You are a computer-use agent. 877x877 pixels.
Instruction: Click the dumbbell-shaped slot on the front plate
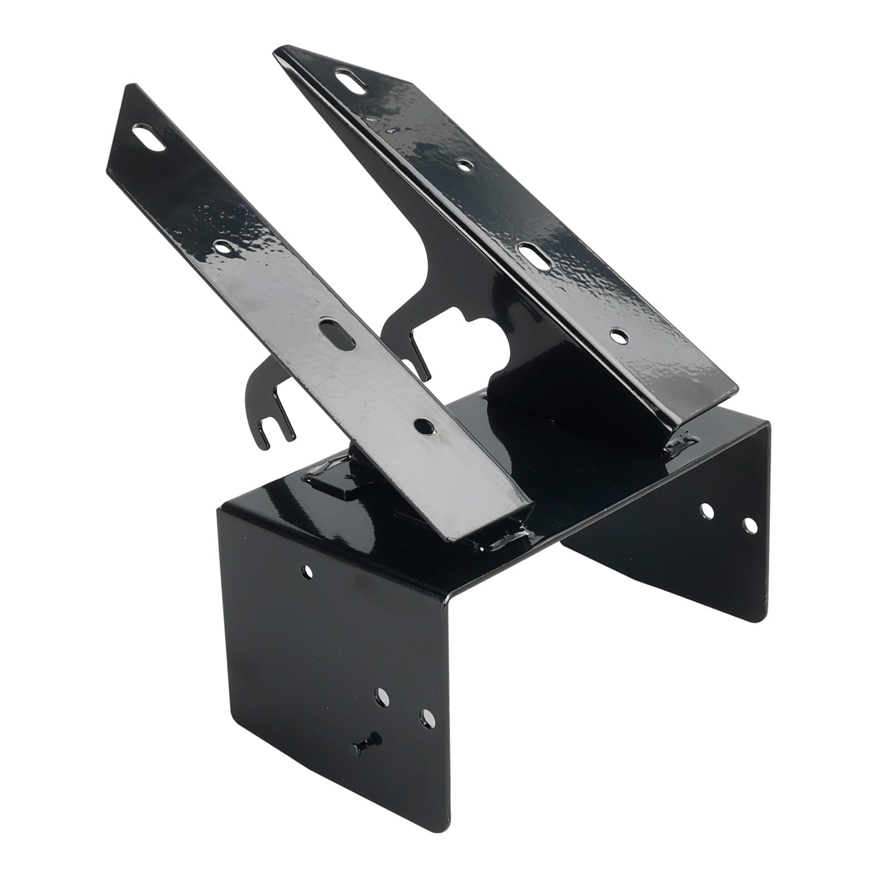click(366, 740)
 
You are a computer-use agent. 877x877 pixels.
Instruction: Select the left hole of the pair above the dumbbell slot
click(382, 696)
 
